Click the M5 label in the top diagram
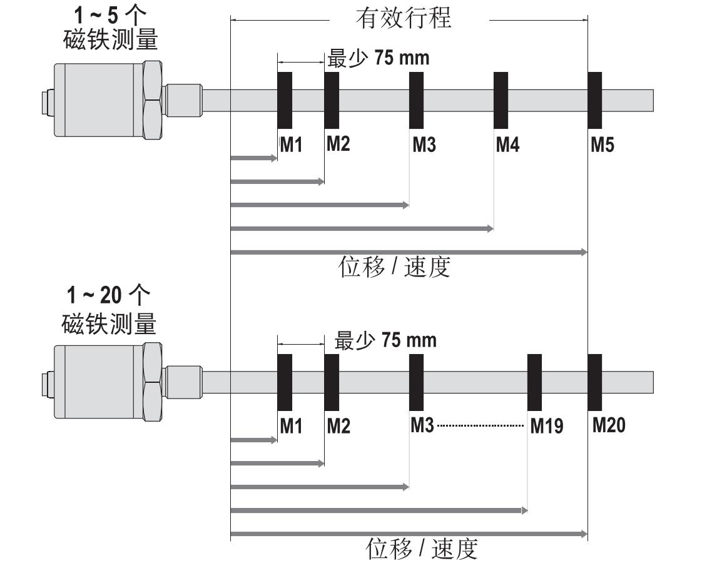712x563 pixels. (x=603, y=146)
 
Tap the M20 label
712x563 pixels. (x=609, y=425)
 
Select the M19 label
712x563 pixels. (x=546, y=427)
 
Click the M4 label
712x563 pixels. (x=507, y=146)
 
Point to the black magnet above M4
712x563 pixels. (x=501, y=100)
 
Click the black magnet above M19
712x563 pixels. (x=534, y=382)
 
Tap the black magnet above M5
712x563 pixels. (x=595, y=100)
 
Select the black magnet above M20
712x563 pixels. (x=595, y=382)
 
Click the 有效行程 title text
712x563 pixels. (x=404, y=18)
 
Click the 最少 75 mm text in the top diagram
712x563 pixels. (x=379, y=58)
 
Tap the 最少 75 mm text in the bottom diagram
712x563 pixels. (x=385, y=340)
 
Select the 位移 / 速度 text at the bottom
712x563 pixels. (x=422, y=549)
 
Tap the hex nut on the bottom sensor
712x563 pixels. (x=151, y=382)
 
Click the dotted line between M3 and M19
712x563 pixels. (x=481, y=426)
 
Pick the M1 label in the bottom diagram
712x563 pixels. (x=291, y=427)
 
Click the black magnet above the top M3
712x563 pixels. (x=416, y=100)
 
